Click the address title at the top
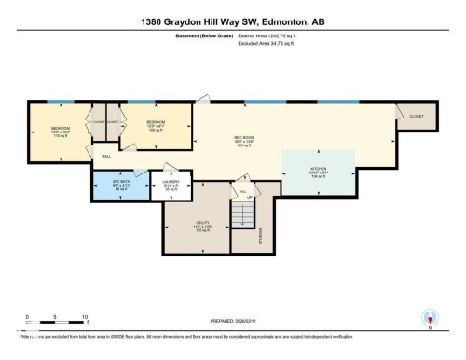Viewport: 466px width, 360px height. click(232, 21)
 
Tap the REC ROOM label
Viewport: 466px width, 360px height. click(244, 141)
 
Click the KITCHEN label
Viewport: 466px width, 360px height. click(319, 172)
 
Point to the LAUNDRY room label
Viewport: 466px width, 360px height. click(171, 185)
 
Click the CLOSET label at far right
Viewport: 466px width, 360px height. click(416, 117)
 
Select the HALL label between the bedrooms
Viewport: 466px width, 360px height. click(106, 156)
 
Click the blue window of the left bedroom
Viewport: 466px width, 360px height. click(60, 101)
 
